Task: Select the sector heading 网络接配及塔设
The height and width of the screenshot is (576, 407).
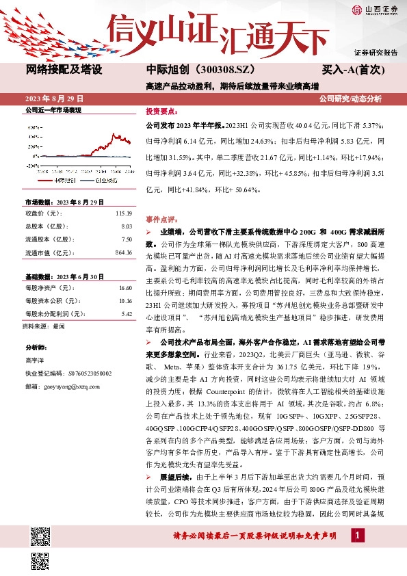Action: coord(64,69)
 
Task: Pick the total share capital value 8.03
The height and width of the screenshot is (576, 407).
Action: coord(125,225)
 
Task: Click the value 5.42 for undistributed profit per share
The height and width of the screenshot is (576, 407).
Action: coord(125,314)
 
